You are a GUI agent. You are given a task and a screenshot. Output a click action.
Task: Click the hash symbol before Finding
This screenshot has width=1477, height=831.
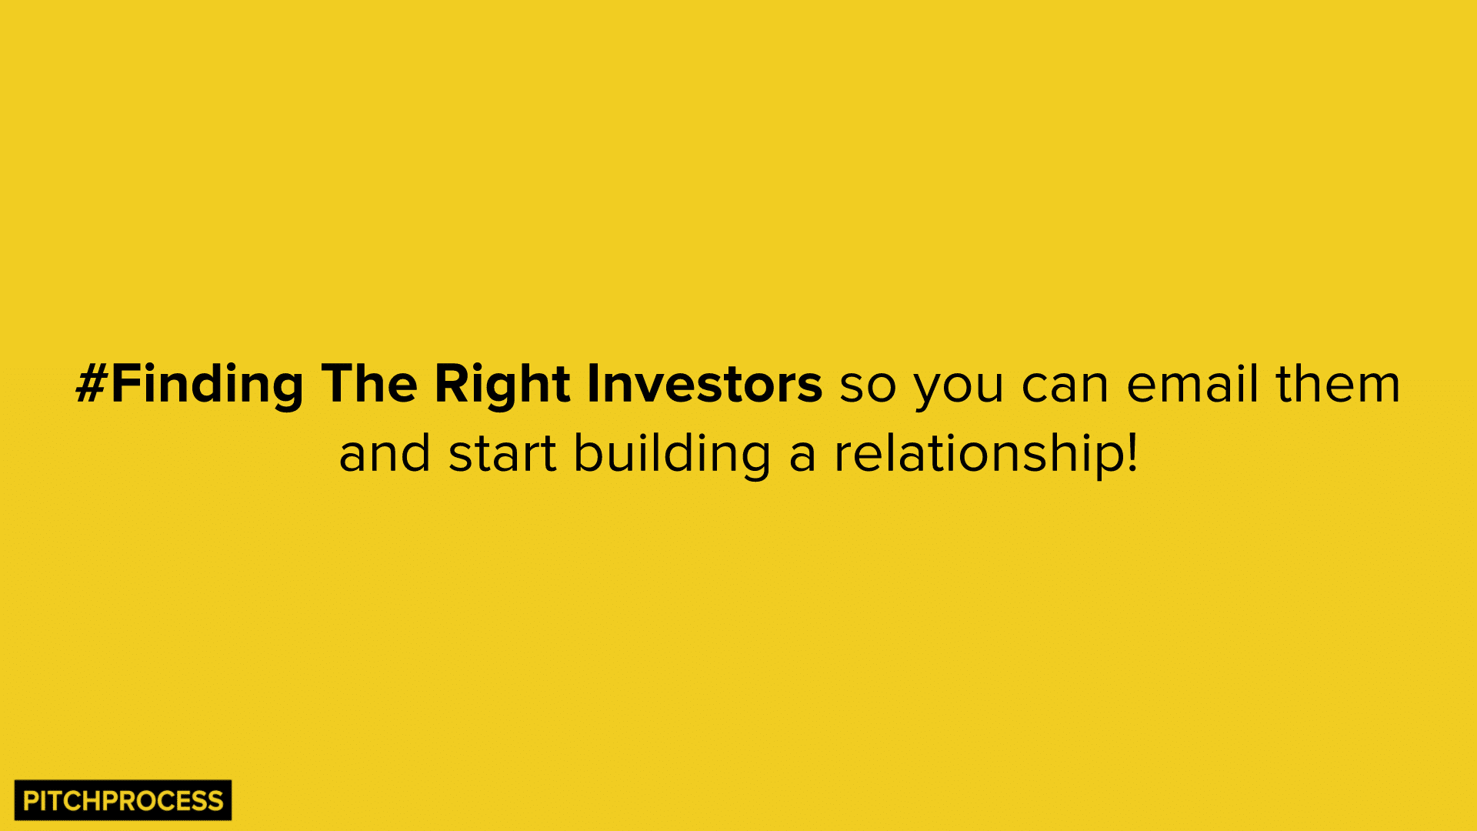pos(92,384)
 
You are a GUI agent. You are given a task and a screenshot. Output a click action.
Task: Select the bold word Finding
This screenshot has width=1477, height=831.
pos(208,384)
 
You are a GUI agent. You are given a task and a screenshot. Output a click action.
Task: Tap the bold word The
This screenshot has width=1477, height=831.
pos(368,384)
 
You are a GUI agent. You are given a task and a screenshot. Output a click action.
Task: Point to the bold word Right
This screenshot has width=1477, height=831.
pos(502,384)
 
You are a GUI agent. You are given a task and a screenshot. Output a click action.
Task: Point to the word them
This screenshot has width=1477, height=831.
pos(1339,384)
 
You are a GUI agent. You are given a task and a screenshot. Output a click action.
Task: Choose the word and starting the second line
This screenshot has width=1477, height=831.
pos(385,454)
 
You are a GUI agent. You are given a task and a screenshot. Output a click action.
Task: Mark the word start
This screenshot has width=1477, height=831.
pos(502,454)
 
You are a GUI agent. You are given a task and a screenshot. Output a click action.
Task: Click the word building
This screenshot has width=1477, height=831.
pos(672,454)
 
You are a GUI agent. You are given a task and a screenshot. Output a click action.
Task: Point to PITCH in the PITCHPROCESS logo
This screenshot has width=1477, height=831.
pos(62,801)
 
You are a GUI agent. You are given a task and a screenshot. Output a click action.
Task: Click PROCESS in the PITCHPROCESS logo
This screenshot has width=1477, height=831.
pos(163,801)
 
